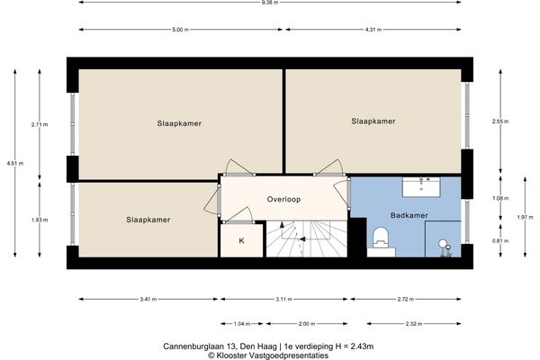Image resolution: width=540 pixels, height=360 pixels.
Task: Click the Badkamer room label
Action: tap(409, 215)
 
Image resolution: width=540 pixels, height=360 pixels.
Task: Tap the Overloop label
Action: tap(283, 199)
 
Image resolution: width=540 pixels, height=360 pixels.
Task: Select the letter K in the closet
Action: tap(241, 241)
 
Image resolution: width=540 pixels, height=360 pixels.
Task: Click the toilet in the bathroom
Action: tap(381, 238)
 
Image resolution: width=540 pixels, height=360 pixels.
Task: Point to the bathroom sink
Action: tap(421, 187)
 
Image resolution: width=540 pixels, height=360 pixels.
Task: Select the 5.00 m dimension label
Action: tap(181, 30)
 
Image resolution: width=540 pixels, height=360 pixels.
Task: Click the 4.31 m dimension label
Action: tap(373, 30)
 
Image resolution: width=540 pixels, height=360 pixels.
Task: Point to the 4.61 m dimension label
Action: tap(15, 163)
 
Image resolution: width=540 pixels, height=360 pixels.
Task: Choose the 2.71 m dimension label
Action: tap(40, 125)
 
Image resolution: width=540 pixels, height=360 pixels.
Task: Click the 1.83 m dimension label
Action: tap(40, 220)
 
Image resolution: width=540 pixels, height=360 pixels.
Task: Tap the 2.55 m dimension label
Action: tap(500, 121)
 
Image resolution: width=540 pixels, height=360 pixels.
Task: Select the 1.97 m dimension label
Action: tap(526, 217)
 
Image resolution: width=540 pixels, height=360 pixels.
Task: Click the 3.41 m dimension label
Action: tap(148, 300)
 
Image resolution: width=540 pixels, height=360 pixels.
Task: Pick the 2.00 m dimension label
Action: tap(307, 324)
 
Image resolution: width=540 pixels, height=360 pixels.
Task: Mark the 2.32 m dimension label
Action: tap(414, 324)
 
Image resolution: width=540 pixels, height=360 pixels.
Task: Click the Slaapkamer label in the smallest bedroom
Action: tap(148, 220)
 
